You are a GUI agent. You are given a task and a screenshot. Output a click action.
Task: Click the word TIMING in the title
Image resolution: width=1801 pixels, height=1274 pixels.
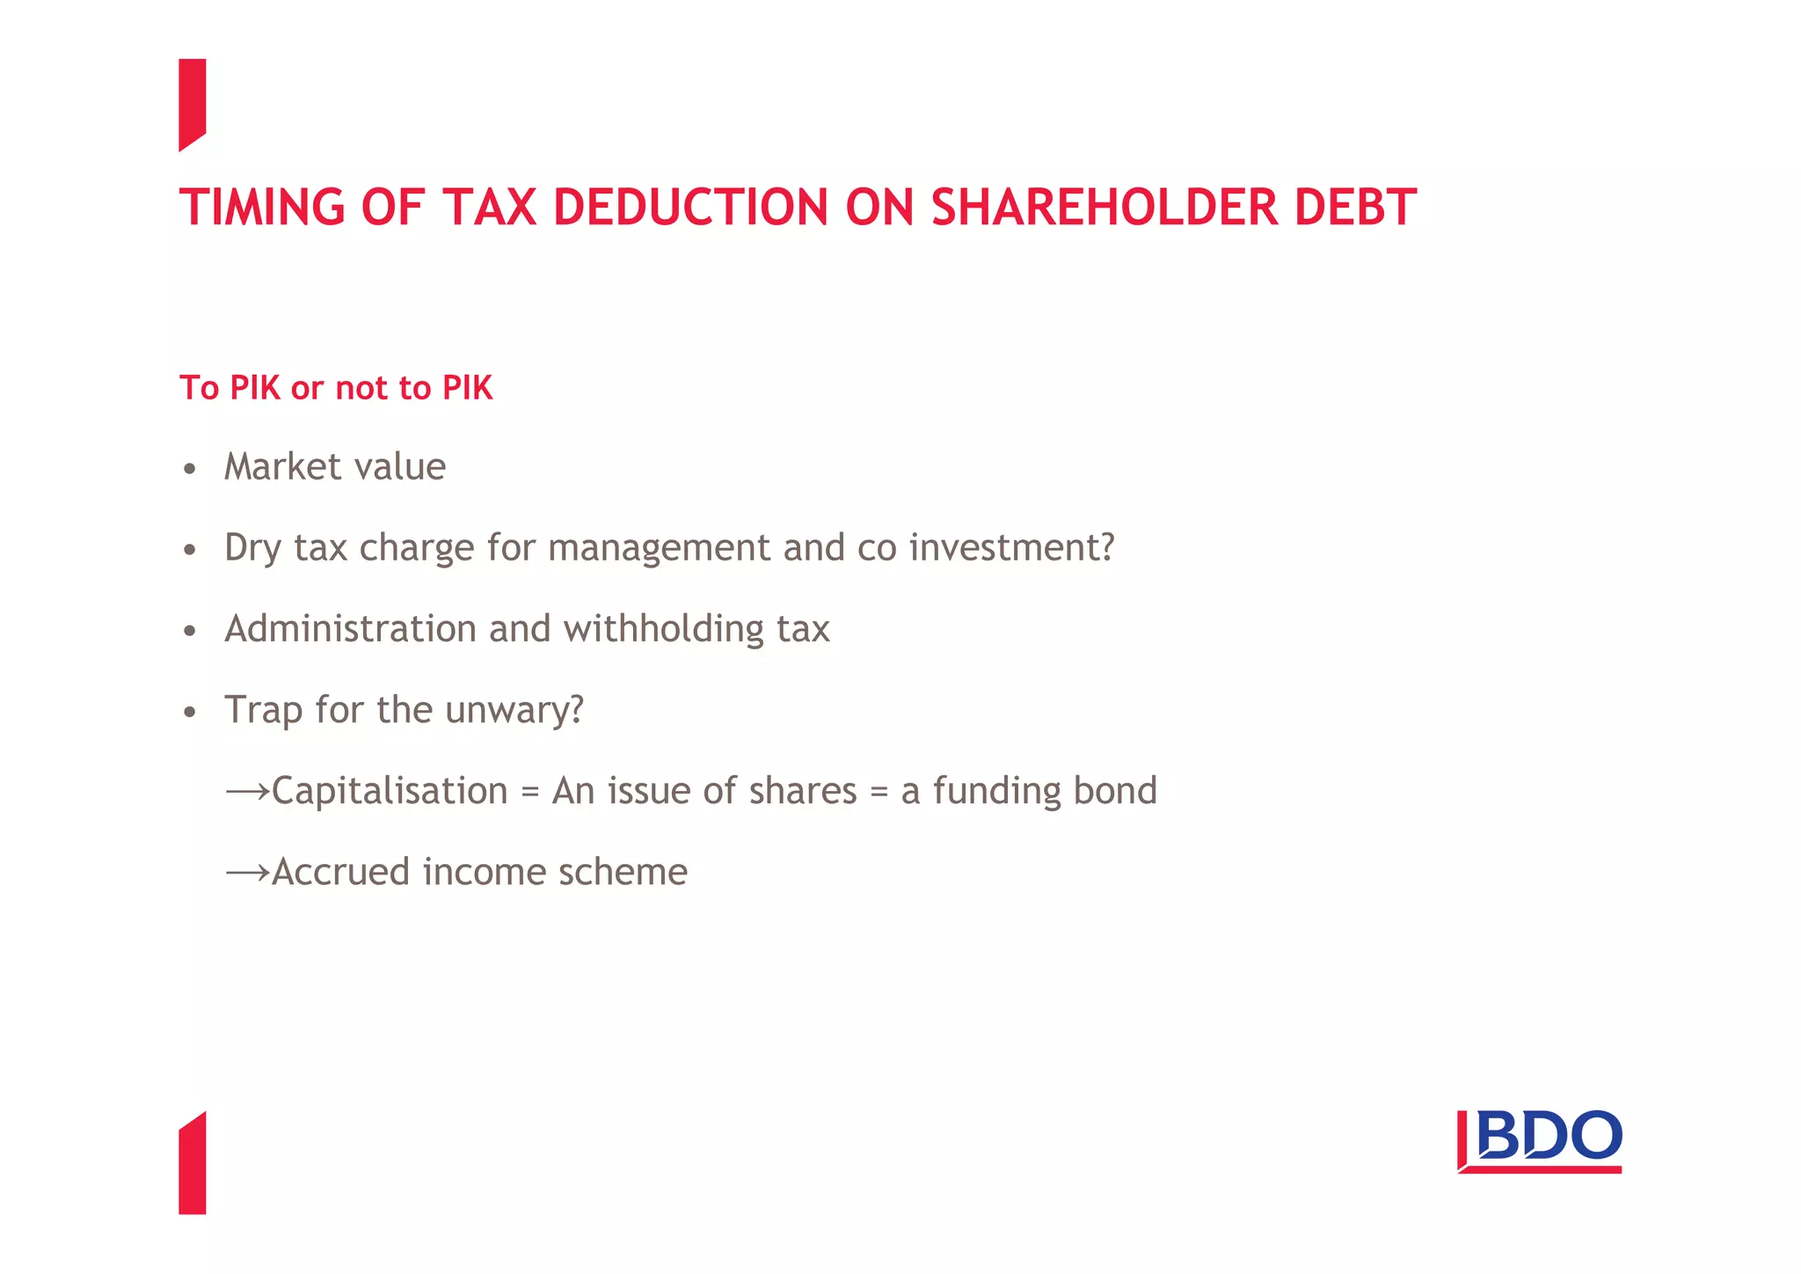click(x=262, y=208)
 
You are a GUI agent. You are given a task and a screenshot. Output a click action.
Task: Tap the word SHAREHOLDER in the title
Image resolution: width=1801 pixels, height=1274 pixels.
click(x=1104, y=208)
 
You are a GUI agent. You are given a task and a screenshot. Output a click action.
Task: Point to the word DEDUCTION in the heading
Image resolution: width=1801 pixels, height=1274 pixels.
click(x=690, y=208)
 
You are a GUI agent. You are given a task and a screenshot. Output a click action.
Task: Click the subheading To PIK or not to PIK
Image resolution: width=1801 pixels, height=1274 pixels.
click(x=336, y=388)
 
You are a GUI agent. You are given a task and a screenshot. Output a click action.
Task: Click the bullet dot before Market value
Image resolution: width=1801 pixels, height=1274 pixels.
click(x=190, y=469)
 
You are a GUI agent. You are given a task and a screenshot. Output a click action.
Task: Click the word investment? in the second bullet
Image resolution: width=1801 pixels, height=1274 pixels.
click(x=1011, y=547)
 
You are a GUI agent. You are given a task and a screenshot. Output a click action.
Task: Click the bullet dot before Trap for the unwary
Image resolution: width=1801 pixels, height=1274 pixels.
click(x=190, y=712)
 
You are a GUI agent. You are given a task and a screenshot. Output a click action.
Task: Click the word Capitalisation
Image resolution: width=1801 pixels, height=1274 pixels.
click(x=390, y=791)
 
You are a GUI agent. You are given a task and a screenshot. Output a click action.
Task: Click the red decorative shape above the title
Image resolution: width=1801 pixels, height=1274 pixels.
click(x=192, y=103)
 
